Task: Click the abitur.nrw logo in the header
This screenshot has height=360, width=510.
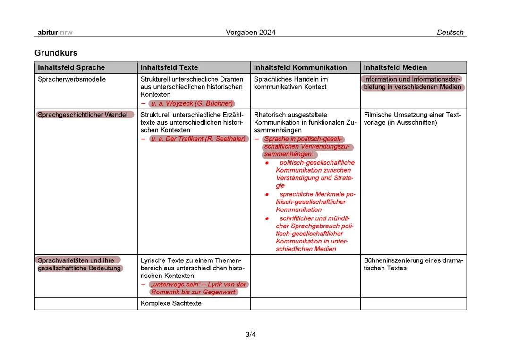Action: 55,33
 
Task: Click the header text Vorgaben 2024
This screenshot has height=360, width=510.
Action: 251,33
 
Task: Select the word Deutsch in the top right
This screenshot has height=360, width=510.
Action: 450,33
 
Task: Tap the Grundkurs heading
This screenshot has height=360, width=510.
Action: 56,53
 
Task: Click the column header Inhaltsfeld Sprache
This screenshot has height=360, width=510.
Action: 71,67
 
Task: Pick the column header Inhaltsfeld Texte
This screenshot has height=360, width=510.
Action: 169,67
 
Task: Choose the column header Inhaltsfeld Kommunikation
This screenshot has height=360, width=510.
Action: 300,67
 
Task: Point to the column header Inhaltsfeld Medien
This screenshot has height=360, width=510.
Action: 395,67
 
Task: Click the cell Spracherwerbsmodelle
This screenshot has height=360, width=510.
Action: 72,79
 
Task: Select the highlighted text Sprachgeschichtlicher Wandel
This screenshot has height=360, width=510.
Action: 83,115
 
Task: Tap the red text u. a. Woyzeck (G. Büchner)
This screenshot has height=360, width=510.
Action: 192,103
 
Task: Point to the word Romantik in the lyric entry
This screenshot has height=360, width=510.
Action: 165,292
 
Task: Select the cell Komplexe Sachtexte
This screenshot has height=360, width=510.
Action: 171,303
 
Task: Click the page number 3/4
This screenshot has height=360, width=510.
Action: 250,335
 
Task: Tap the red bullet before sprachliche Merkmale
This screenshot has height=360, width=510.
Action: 267,194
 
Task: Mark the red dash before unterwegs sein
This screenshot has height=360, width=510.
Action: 143,285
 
